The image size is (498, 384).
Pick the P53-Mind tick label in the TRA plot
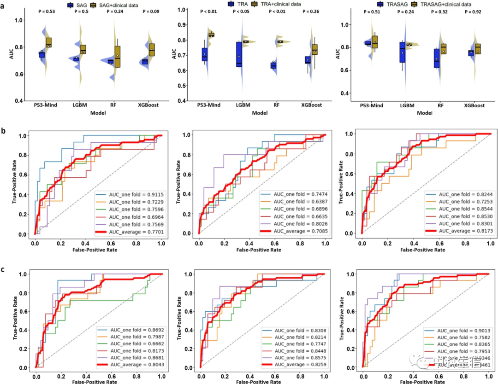point(207,105)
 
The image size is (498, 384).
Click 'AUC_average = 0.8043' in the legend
point(134,365)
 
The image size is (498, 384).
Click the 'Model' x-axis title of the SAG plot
point(97,112)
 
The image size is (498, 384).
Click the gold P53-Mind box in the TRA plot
point(212,35)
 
